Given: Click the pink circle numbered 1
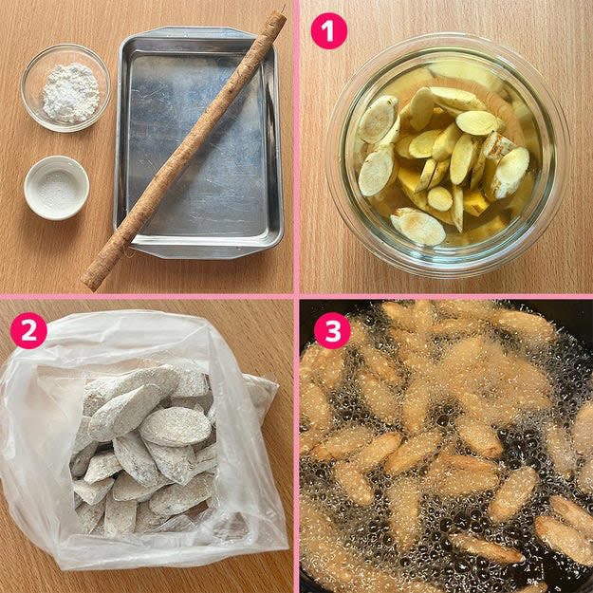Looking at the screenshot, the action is pos(328,30).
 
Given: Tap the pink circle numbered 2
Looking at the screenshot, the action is pos(28,330).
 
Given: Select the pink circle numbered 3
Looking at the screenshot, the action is pos(332,330).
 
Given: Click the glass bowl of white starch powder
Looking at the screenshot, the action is pos(65,87).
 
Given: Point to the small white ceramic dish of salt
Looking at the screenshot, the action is pos(57,188).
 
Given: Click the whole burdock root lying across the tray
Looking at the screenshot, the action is pos(183,151).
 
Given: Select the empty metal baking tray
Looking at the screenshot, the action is pos(199,142).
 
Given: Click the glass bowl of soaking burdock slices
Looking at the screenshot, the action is pos(448,155).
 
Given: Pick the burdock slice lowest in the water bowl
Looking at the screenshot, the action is pos(417,226).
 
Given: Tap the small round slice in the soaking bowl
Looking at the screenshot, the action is pos(440,198).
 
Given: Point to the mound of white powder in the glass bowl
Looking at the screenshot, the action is pos(71,93).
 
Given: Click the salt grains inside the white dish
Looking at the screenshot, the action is pos(57,188).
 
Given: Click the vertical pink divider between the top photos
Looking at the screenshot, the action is pos(296,147).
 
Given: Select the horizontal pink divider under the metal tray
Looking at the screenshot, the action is pos(147,296).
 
